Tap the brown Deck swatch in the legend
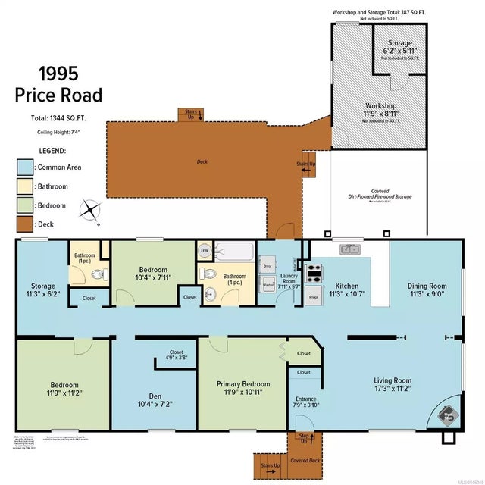point(25,224)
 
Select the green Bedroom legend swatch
point(25,205)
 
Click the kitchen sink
point(351,248)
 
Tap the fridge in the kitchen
point(314,296)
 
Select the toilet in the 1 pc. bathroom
point(95,276)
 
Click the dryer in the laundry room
point(267,266)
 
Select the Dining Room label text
point(426,290)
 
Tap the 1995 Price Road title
point(58,84)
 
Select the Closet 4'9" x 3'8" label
point(176,355)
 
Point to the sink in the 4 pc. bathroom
point(211,293)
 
